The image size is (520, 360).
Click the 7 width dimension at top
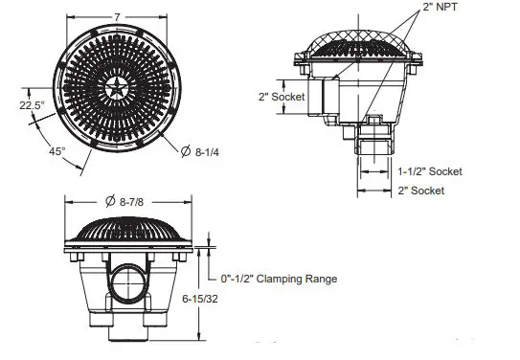[x=117, y=17]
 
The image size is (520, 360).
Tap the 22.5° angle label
[x=32, y=105]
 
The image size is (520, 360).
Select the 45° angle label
[x=57, y=151]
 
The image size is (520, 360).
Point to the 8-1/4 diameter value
[x=207, y=152]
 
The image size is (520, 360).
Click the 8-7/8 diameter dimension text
[x=131, y=202]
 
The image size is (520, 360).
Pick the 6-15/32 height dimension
[x=200, y=299]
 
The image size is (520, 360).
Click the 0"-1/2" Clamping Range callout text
[x=279, y=280]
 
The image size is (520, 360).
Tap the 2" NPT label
[x=441, y=7]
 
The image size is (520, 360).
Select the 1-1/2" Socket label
[x=430, y=171]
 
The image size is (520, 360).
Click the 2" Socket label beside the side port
[x=282, y=97]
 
